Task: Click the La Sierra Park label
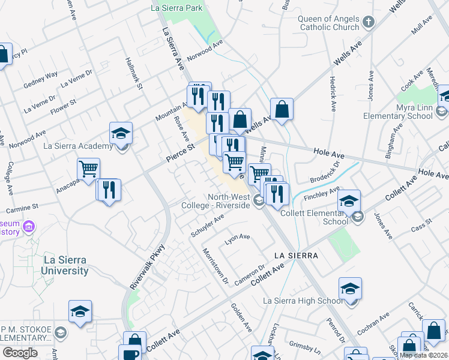(176, 8)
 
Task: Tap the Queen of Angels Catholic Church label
(328, 22)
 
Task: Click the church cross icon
(369, 22)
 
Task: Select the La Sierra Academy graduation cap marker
(120, 133)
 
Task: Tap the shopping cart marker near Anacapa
(88, 169)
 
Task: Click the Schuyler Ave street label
(207, 226)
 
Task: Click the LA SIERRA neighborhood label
(295, 256)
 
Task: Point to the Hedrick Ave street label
(332, 93)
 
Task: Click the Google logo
(20, 353)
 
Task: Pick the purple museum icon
(29, 228)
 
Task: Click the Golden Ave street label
(241, 319)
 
